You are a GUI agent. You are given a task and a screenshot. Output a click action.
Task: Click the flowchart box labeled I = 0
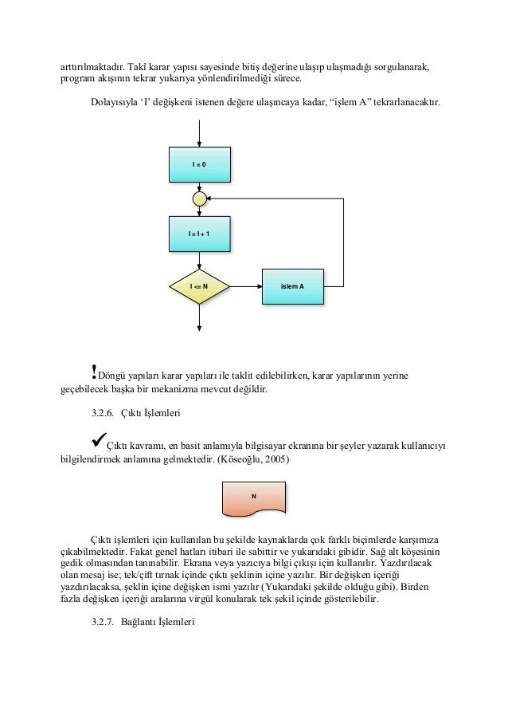(x=199, y=164)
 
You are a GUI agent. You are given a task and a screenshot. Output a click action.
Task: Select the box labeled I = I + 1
(x=199, y=234)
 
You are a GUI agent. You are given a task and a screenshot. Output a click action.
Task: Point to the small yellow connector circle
(x=199, y=198)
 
